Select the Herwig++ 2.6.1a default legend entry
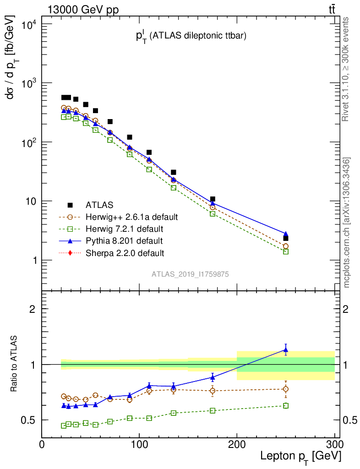[x=133, y=217]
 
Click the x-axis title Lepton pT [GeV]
[x=300, y=456]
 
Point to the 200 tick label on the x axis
[x=237, y=445]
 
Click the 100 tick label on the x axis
[x=139, y=445]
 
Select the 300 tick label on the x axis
[x=334, y=445]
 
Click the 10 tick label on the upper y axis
[x=30, y=202]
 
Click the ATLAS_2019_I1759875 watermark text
[x=191, y=274]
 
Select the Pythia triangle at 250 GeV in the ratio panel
[x=286, y=350]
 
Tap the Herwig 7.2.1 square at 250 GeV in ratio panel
[x=286, y=406]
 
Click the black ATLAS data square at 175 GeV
[x=213, y=199]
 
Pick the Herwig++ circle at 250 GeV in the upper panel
[x=286, y=246]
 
